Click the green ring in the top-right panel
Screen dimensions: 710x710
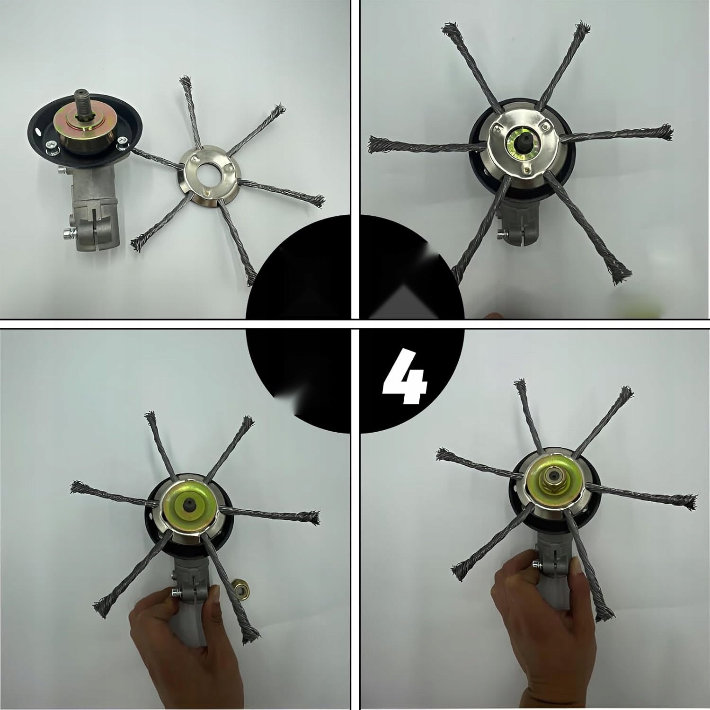coord(519,141)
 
